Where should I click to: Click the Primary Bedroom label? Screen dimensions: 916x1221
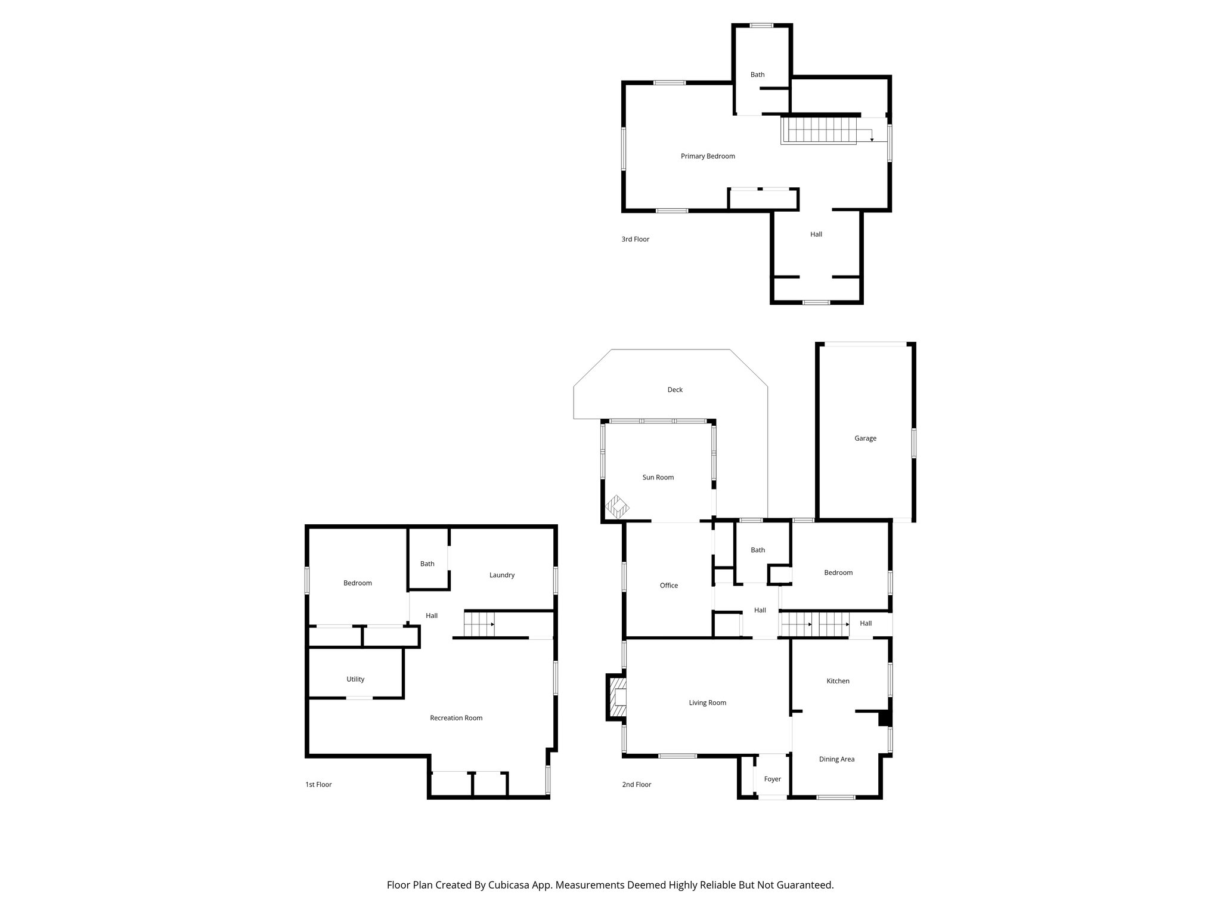point(708,156)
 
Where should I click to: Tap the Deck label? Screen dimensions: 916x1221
point(675,390)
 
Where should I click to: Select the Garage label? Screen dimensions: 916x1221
point(865,438)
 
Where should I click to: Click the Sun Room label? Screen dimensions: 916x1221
point(658,477)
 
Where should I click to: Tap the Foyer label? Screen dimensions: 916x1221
point(772,779)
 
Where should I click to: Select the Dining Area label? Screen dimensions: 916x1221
point(836,759)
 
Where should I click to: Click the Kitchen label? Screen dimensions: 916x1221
point(838,681)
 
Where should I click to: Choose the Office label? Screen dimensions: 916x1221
point(668,586)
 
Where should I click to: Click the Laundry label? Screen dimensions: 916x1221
point(501,575)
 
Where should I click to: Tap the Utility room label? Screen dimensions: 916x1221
point(355,679)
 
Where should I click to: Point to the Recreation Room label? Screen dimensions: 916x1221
point(456,718)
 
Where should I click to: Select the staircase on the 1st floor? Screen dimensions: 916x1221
point(479,624)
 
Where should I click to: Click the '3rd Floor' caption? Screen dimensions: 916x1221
point(635,239)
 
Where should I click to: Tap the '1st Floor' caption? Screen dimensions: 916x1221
point(318,784)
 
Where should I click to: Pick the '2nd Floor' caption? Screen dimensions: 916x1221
point(636,784)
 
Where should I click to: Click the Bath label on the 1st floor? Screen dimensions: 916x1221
point(427,564)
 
